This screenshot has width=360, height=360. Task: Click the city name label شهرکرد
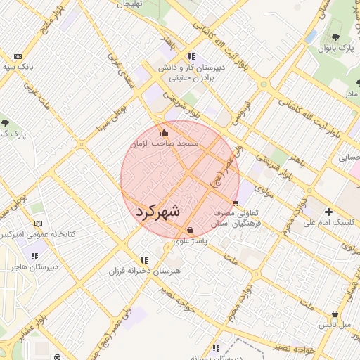click(x=157, y=211)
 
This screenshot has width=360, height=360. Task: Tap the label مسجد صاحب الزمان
click(x=165, y=143)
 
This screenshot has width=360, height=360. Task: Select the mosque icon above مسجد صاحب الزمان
click(x=165, y=132)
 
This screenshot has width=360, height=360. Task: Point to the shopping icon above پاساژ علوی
click(x=191, y=230)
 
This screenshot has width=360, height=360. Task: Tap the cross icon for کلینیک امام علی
click(x=328, y=212)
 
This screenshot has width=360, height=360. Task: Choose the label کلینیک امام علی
click(x=329, y=223)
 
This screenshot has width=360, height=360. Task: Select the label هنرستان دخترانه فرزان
click(x=144, y=271)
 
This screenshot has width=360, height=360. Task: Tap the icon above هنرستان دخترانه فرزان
click(x=144, y=260)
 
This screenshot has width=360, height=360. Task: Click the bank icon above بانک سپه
click(x=18, y=56)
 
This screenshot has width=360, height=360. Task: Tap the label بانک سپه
click(x=18, y=67)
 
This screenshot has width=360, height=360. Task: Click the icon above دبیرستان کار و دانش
click(x=191, y=56)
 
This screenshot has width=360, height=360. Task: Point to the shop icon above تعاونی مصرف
click(x=236, y=202)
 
